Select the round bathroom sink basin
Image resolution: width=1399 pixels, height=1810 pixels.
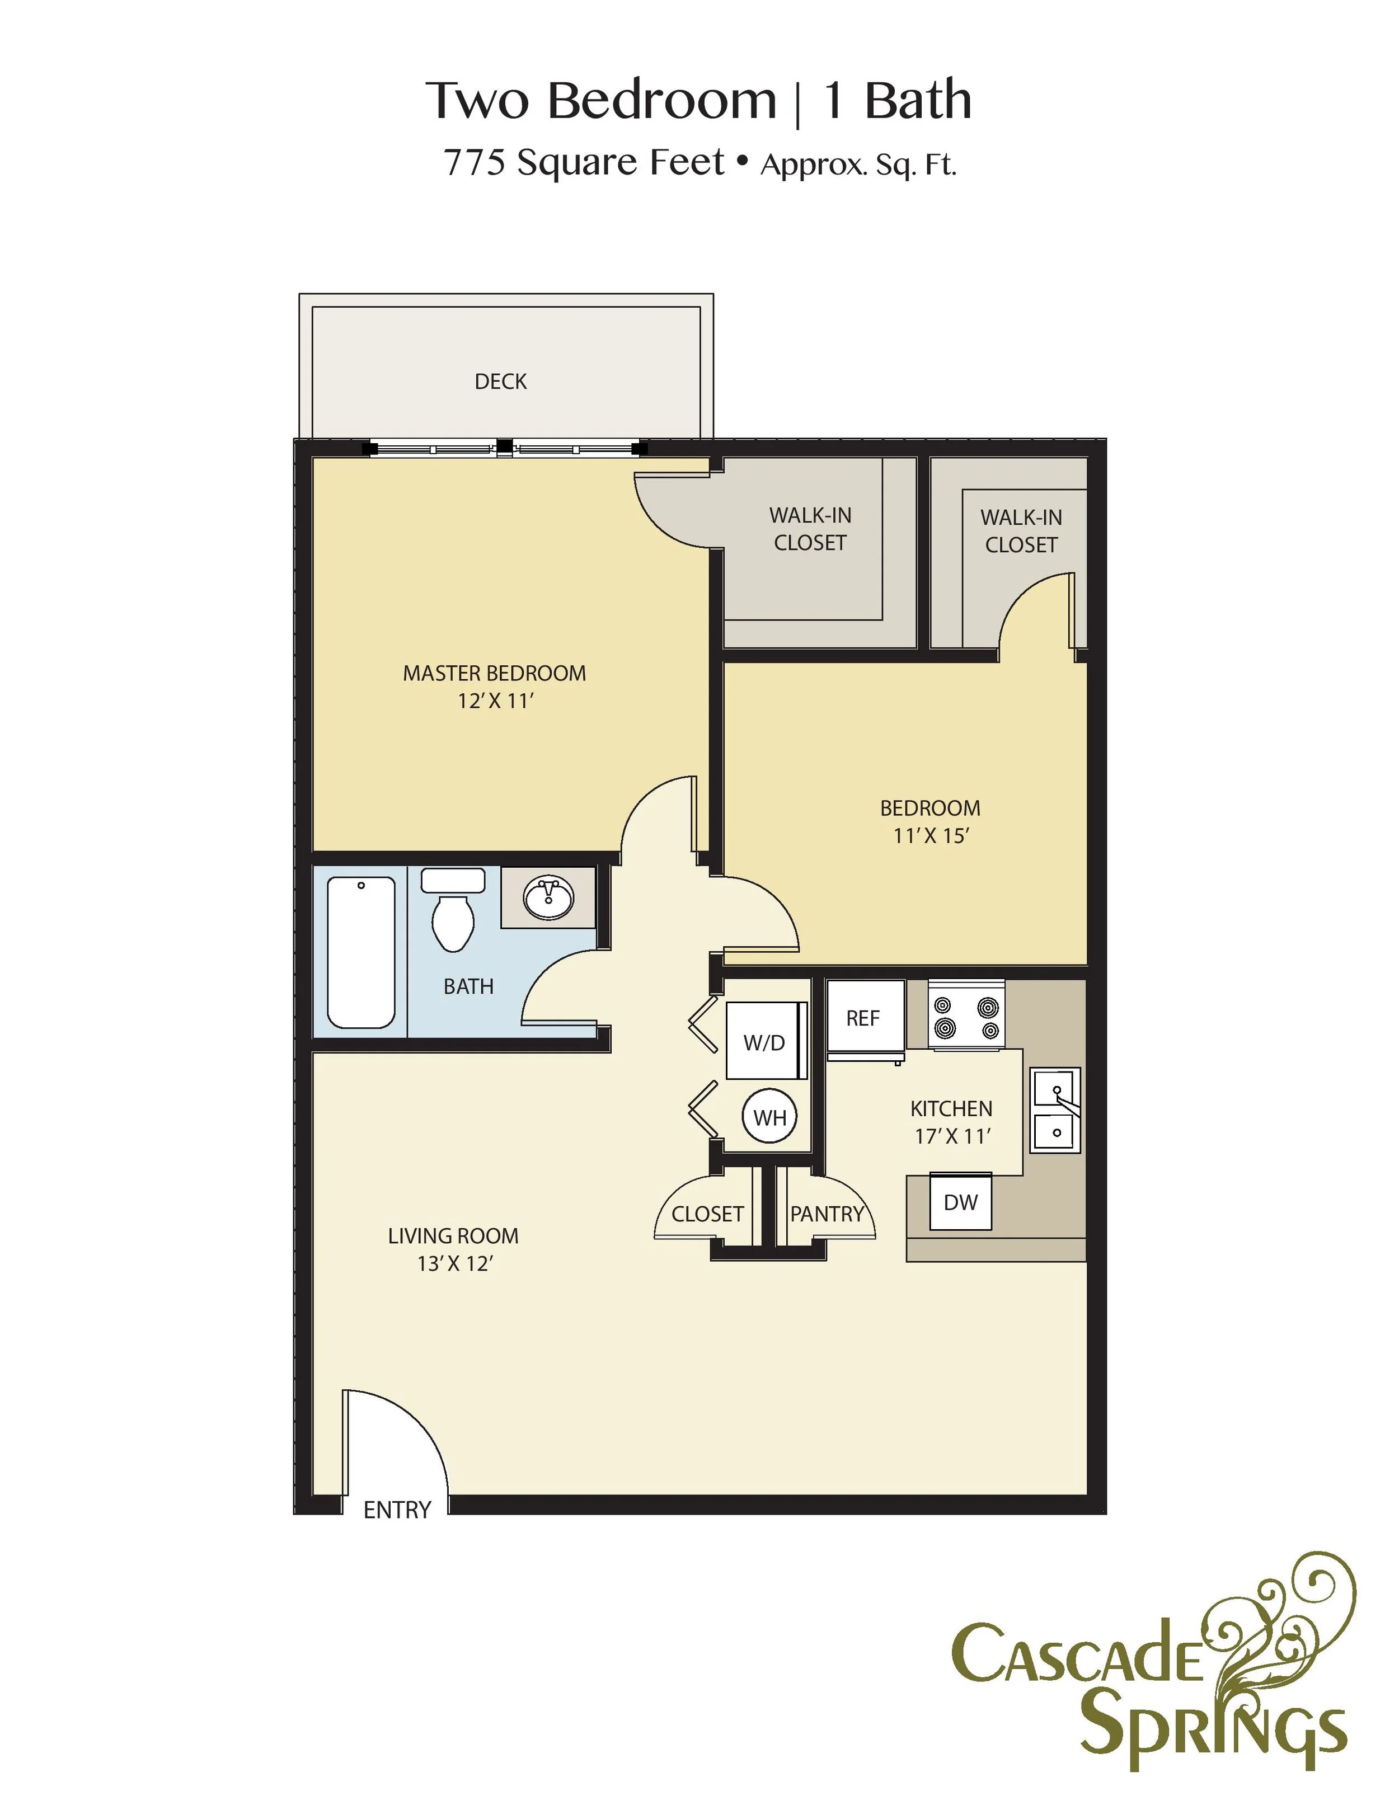tap(548, 899)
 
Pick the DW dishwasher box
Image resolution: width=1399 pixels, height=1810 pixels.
tap(961, 1202)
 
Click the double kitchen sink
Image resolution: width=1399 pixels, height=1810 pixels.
tap(1055, 1109)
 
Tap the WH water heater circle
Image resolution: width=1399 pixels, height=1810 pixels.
tap(769, 1117)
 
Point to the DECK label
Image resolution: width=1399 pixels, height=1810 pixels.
tap(501, 381)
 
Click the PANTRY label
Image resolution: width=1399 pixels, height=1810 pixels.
tap(827, 1214)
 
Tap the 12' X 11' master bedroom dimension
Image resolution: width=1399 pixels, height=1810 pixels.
tap(495, 701)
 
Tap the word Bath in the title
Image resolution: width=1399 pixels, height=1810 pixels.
tap(918, 101)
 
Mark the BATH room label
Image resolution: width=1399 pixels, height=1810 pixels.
tap(468, 986)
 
